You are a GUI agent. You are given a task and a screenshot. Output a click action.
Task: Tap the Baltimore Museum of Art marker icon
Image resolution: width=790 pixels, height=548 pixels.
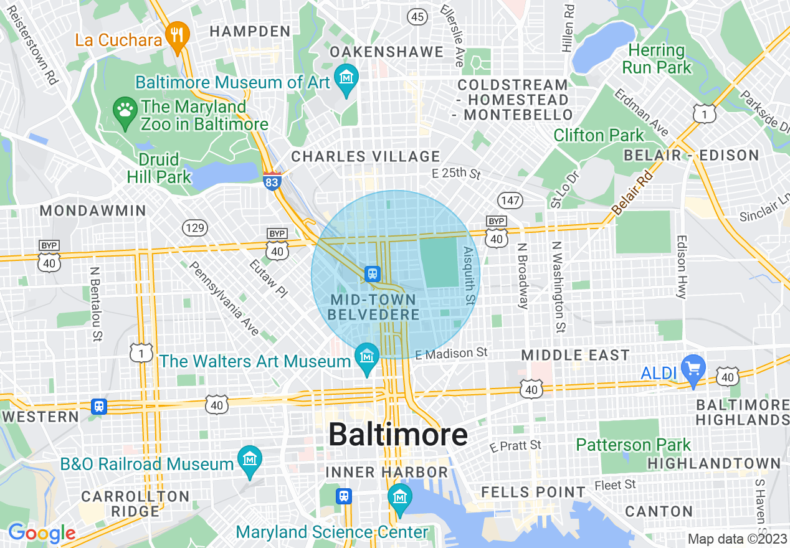346,78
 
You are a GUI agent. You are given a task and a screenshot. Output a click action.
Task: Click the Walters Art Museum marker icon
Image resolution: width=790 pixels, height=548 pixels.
366,357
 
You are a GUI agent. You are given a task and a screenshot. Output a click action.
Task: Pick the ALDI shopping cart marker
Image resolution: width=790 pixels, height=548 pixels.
692,368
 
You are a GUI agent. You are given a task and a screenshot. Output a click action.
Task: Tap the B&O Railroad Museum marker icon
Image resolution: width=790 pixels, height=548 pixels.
249,460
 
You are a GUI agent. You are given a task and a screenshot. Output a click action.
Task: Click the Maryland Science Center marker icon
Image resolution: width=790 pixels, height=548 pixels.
399,498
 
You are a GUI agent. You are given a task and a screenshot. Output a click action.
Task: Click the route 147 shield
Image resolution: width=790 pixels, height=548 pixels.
510,200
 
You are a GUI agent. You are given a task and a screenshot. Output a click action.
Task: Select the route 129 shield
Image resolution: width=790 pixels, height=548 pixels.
195,228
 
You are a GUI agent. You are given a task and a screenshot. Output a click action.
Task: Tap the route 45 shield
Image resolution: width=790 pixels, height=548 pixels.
417,17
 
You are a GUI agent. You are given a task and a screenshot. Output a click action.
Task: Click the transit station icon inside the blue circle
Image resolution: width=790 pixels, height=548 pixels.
373,273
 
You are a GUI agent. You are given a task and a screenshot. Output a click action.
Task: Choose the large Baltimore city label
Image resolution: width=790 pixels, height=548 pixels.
397,435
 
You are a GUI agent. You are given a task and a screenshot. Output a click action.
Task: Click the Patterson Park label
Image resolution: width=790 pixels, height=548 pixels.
633,445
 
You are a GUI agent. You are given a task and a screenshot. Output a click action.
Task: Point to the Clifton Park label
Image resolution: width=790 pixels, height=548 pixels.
599,135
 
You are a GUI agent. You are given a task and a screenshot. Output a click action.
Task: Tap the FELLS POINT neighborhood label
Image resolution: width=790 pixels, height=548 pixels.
533,492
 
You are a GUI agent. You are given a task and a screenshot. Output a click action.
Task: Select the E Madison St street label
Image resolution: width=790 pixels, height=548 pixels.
451,353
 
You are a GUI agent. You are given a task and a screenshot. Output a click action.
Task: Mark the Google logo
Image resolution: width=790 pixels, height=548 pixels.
41,533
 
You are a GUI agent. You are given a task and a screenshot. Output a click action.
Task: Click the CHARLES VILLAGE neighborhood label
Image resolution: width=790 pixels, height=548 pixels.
366,156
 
